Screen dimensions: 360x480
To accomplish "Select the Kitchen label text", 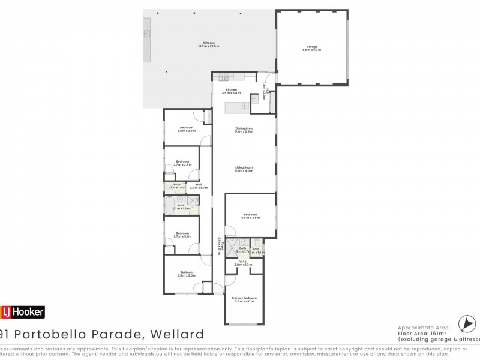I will coord(231,90).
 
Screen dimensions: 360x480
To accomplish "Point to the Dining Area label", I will coord(244,128).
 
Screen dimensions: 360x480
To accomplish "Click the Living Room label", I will coord(244,168).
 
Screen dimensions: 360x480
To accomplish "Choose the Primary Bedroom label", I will coord(244,298).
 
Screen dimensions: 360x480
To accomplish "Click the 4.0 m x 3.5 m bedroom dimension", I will coord(251,217).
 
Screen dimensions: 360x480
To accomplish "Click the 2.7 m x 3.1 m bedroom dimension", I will coord(182,236).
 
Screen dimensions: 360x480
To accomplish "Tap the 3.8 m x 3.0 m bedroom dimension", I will coord(187,275).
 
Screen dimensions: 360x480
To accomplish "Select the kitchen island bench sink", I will coord(244,106).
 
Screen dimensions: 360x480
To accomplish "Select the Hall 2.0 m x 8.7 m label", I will coord(198,186).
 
